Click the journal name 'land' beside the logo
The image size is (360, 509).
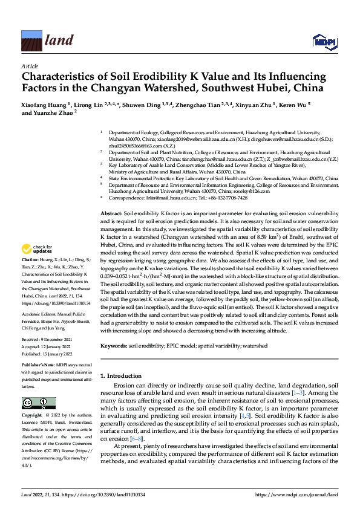(x=59, y=41)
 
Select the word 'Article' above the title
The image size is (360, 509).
(x=29, y=65)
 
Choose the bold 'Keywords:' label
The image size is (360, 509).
(x=113, y=346)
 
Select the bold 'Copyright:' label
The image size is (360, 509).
(x=34, y=415)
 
